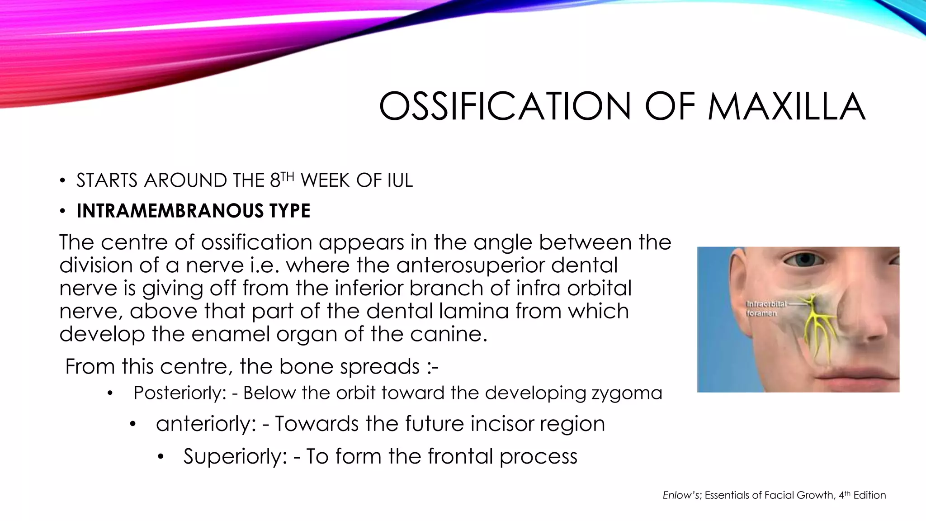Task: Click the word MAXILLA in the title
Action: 786,107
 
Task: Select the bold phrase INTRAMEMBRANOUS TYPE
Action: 194,211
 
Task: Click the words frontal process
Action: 502,456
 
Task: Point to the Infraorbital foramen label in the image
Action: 766,308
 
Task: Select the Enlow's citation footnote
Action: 774,495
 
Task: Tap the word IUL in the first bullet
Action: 400,181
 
